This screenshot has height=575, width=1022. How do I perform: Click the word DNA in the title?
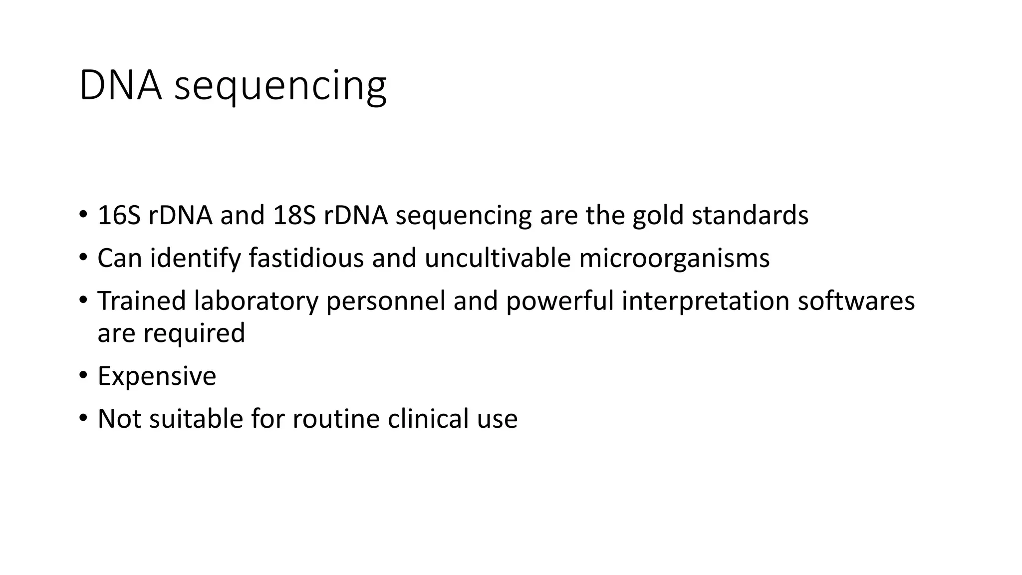tap(120, 86)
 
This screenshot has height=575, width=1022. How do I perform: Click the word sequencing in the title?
tap(280, 87)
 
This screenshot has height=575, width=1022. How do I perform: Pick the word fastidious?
tap(306, 259)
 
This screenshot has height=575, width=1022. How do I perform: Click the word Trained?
tap(141, 301)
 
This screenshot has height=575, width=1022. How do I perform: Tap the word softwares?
tap(856, 301)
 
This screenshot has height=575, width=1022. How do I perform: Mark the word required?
tap(194, 334)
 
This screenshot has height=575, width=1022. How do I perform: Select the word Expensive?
tap(157, 376)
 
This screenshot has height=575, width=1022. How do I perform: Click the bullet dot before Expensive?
tap(83, 375)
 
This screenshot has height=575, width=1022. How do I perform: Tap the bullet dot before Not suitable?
tap(83, 417)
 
